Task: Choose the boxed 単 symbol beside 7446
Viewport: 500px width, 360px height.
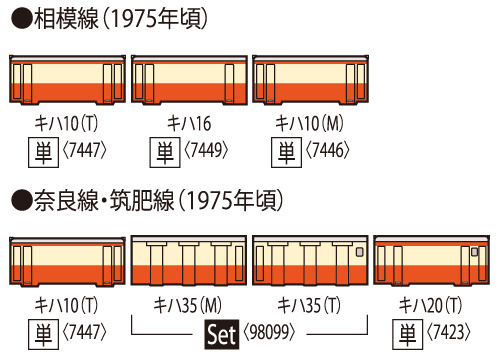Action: pyautogui.click(x=285, y=151)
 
